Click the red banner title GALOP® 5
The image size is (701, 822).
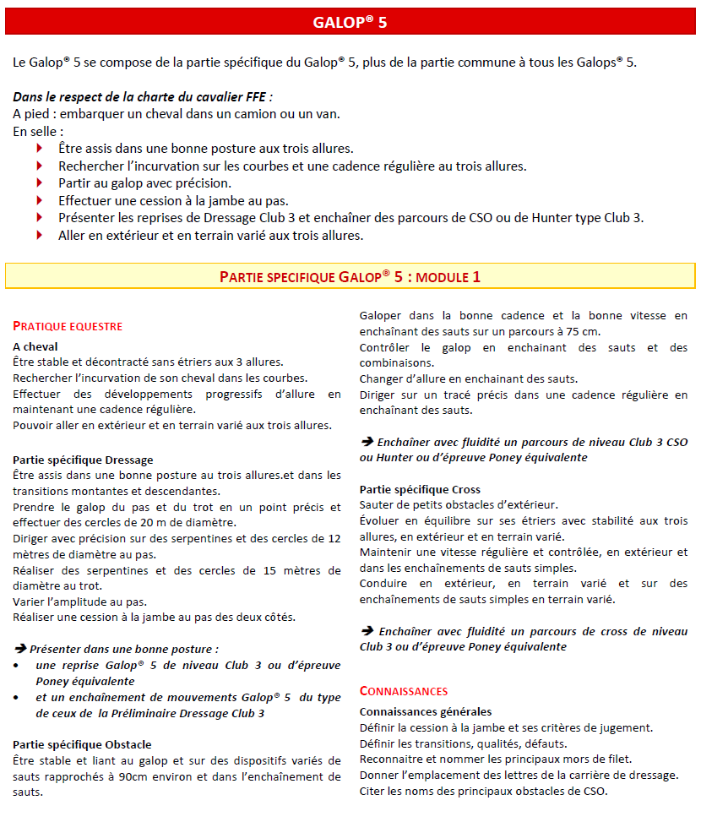(x=350, y=23)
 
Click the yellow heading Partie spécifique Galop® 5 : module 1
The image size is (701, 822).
(x=350, y=276)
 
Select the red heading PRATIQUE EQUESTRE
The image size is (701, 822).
(x=68, y=326)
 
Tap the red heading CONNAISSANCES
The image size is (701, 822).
(x=404, y=691)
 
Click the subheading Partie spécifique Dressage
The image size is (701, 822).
(x=83, y=460)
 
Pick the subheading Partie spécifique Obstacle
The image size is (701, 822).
(x=82, y=744)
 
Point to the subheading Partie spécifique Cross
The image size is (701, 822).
(x=420, y=489)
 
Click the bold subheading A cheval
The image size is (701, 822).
(x=35, y=346)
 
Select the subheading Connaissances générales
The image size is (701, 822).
(x=426, y=711)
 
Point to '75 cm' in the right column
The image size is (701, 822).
(x=584, y=331)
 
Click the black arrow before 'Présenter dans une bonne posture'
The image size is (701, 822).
(x=19, y=650)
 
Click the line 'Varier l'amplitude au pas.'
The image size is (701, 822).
(x=80, y=602)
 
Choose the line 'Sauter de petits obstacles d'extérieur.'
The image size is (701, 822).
(x=459, y=504)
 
